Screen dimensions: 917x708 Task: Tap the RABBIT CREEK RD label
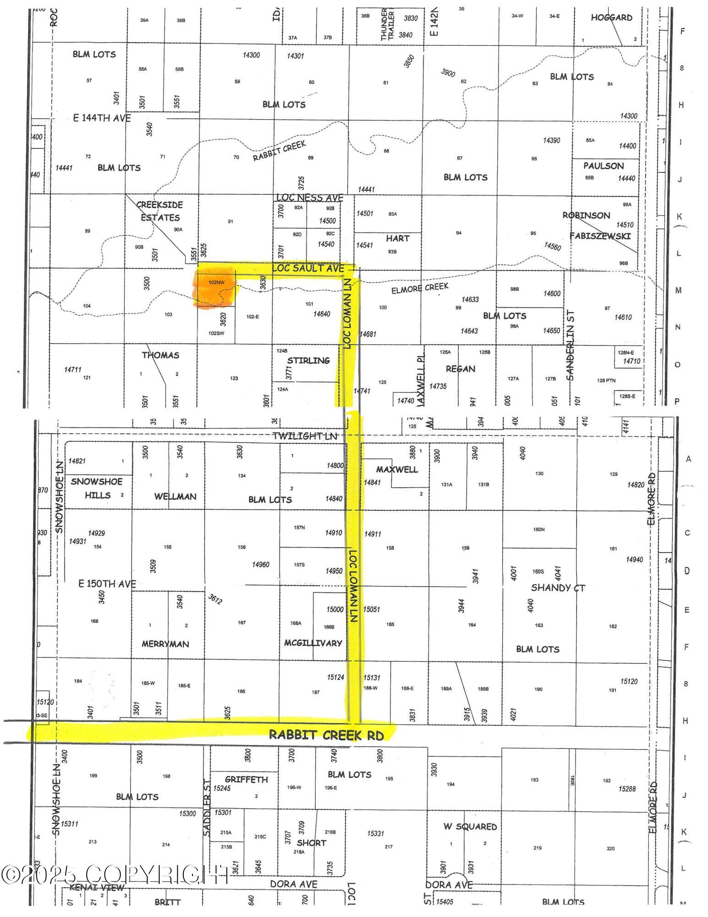pyautogui.click(x=326, y=735)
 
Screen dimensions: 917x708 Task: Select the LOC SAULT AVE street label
pyautogui.click(x=307, y=268)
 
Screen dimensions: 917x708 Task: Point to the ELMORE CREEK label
pyautogui.click(x=420, y=288)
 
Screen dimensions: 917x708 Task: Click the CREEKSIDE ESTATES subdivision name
pyautogui.click(x=160, y=211)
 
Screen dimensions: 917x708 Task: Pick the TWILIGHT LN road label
pyautogui.click(x=304, y=436)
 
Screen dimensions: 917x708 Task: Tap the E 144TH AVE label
pyautogui.click(x=102, y=118)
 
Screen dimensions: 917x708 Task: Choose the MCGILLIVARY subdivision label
pyautogui.click(x=313, y=643)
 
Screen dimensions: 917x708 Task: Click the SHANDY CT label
pyautogui.click(x=558, y=588)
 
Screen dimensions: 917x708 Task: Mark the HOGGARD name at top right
pyautogui.click(x=611, y=17)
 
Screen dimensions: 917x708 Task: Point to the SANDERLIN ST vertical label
pyautogui.click(x=571, y=346)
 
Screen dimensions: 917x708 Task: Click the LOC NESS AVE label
pyautogui.click(x=309, y=198)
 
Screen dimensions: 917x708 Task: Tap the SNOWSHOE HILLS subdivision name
pyautogui.click(x=97, y=488)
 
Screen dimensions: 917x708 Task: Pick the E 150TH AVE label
pyautogui.click(x=107, y=584)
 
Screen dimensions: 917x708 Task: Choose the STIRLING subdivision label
pyautogui.click(x=308, y=360)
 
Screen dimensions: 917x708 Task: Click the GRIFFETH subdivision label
pyautogui.click(x=246, y=779)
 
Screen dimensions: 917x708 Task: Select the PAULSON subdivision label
pyautogui.click(x=604, y=166)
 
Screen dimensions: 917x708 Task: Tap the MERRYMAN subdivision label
pyautogui.click(x=165, y=644)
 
